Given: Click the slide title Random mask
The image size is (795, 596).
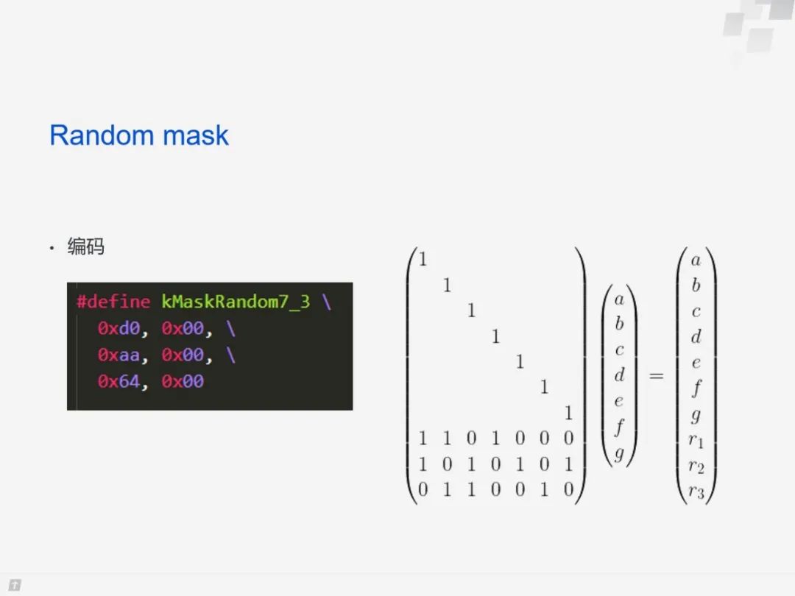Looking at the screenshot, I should click(x=139, y=135).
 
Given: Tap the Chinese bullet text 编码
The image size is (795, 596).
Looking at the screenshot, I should click(x=86, y=246).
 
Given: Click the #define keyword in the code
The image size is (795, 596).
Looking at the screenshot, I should click(x=113, y=302).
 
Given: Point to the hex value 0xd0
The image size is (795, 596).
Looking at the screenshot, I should click(x=119, y=328).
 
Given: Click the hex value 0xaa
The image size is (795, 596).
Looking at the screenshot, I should click(x=119, y=355).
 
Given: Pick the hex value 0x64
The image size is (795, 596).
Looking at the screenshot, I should click(x=119, y=381).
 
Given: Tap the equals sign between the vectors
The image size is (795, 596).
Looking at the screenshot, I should click(x=656, y=376).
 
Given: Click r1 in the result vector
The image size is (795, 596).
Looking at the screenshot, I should click(x=696, y=441).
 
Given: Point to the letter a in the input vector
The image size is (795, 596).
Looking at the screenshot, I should click(x=619, y=299).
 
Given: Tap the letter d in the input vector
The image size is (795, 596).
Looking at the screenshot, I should click(x=619, y=375).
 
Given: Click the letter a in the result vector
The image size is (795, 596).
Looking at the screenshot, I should click(x=696, y=260).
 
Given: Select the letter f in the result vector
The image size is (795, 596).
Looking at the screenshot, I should click(x=696, y=388).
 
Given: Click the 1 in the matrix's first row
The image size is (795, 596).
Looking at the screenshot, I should click(x=423, y=258).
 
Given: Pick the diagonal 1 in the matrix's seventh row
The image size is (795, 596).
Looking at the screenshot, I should click(x=568, y=412).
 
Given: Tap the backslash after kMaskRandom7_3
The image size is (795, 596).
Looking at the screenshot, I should click(x=326, y=302).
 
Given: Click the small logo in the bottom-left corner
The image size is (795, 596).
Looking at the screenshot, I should click(x=14, y=586).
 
